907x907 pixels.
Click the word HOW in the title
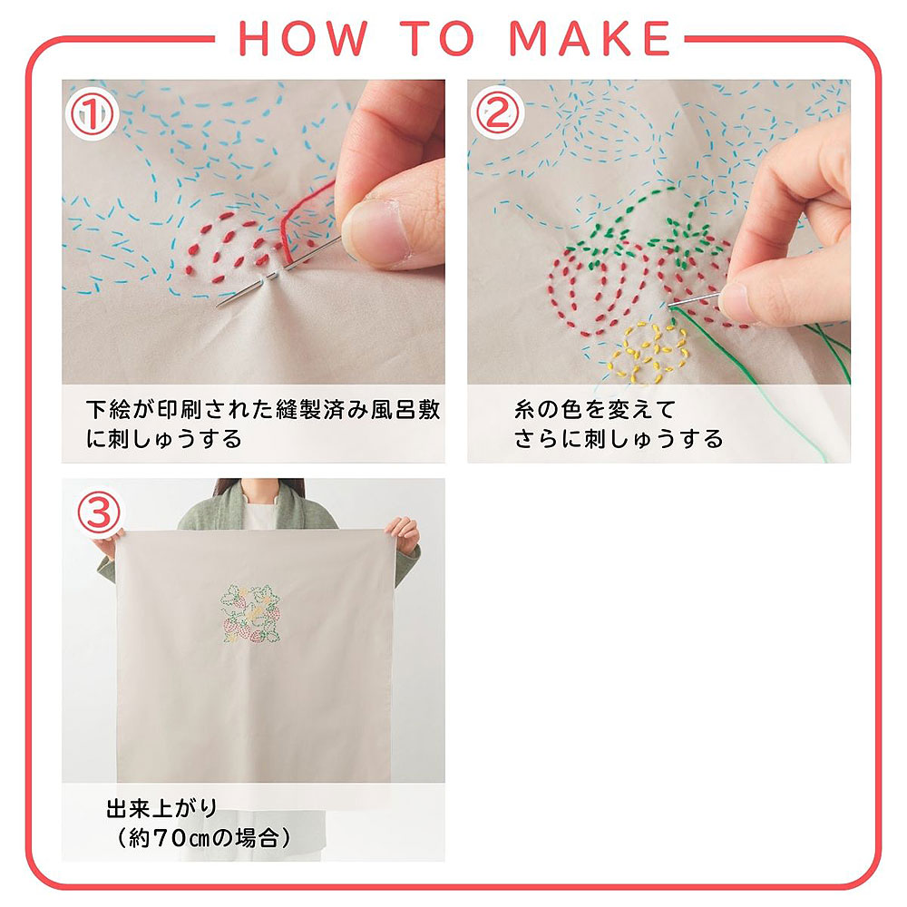coord(303,38)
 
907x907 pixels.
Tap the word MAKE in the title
coord(590,38)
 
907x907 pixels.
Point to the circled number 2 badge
coord(497,114)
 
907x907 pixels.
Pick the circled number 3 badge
coord(99,513)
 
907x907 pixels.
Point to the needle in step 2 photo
coord(693,299)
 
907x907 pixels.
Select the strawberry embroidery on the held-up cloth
coord(251,613)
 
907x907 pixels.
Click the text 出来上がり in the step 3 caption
coord(162,808)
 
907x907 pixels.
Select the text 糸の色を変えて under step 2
coord(595,410)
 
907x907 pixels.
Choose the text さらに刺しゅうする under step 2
coord(619,439)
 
